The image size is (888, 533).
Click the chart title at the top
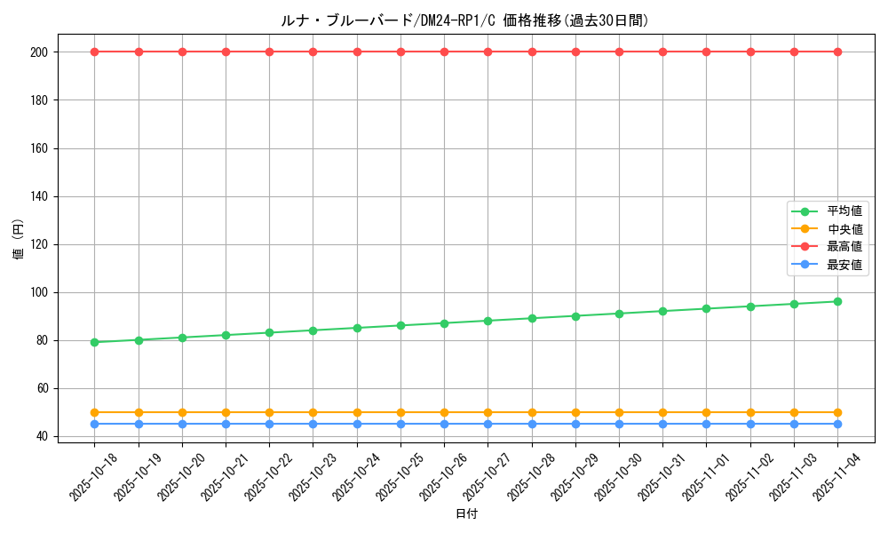pos(464,20)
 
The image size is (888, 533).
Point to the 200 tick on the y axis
pos(42,52)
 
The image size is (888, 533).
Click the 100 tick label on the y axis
pos(42,292)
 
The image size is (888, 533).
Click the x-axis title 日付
pos(466,514)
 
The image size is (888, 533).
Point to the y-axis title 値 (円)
pos(19,241)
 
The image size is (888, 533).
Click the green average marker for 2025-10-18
pos(94,342)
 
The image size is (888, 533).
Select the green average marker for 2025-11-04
pos(837,301)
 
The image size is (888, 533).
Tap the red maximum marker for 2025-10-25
pos(400,52)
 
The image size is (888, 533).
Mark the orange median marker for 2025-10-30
pos(619,412)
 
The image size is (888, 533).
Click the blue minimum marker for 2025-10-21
pos(226,424)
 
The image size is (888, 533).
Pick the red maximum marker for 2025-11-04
pos(837,52)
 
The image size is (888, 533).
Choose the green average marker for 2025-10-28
pos(532,318)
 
